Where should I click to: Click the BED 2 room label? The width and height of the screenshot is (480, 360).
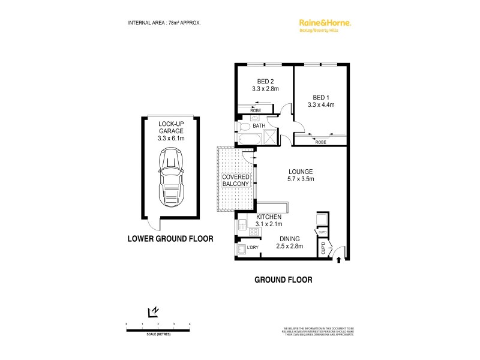point(265,82)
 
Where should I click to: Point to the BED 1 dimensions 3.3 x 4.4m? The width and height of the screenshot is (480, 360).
point(320,104)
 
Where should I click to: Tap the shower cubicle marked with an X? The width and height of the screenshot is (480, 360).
point(271,137)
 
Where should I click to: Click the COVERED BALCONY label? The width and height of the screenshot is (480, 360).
point(236,181)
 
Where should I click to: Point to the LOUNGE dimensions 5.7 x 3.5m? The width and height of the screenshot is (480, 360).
point(300,179)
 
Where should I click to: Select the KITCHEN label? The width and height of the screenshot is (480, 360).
point(269,217)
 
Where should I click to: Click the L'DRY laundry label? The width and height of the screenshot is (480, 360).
point(253,247)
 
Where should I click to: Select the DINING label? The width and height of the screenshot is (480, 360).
point(289,238)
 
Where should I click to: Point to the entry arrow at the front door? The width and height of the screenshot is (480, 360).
point(340,260)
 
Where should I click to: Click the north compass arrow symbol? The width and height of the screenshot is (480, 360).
point(153,311)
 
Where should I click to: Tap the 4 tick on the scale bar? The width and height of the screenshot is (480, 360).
point(190,324)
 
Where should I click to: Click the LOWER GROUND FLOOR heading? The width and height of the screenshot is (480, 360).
point(171,238)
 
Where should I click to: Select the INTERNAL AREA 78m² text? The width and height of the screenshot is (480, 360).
point(164,23)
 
